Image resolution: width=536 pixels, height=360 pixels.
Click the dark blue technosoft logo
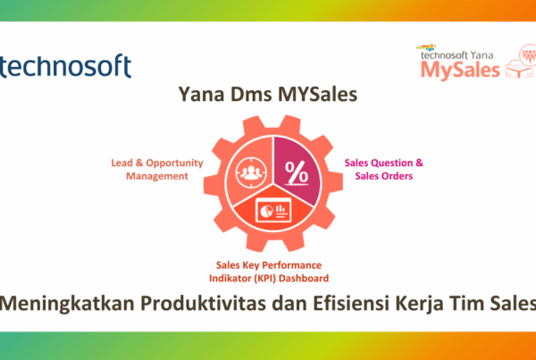click(65, 65)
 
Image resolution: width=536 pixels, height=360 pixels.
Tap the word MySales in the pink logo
click(460, 70)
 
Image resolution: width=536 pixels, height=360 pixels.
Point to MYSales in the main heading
click(317, 94)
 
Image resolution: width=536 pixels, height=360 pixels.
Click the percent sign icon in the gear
click(297, 172)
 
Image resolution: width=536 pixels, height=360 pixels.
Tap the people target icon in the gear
click(251, 172)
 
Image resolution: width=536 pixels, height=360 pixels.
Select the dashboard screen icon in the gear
click(273, 211)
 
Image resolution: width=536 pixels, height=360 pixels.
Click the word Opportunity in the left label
click(174, 163)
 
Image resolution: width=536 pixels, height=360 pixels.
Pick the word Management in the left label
click(157, 176)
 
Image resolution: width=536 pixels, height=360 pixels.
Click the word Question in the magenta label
click(392, 163)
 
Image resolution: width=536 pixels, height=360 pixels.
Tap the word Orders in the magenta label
click(396, 176)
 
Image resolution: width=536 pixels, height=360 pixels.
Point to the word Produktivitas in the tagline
click(203, 304)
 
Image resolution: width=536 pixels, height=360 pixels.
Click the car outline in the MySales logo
click(519, 69)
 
